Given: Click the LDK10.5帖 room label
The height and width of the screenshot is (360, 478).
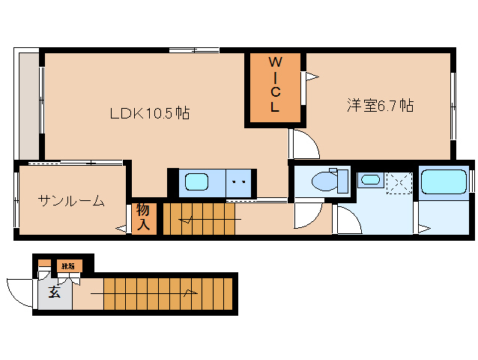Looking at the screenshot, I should tap(149, 114).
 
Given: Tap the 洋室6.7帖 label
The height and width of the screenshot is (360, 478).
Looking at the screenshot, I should tap(380, 106).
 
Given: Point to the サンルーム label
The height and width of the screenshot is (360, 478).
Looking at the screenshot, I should tap(71, 200).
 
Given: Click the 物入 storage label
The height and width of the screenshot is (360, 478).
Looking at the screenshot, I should tap(144, 217).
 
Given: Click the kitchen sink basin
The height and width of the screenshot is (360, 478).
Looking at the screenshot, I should tap(197, 181).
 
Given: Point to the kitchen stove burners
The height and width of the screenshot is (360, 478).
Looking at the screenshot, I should tap(239, 181).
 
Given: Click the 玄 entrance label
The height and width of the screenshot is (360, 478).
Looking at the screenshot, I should tap(55, 292).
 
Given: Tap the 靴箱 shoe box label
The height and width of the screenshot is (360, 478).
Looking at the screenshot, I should tap(68, 266).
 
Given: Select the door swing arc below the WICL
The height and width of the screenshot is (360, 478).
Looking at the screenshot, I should tap(304, 143).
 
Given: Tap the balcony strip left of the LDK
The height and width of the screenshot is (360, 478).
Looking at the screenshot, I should tap(28, 103).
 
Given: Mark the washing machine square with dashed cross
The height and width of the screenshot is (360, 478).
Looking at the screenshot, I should tap(399, 182).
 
